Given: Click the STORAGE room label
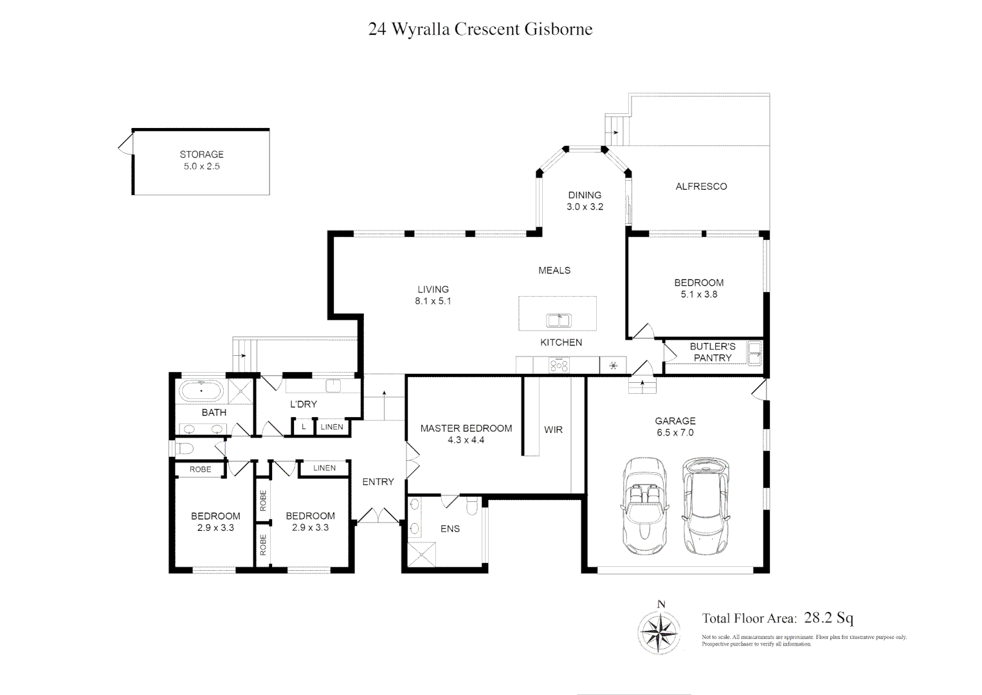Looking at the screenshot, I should [x=201, y=154].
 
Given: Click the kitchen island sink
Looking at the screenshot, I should [x=558, y=320].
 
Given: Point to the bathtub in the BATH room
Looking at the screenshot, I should [x=201, y=391].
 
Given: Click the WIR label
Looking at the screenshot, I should [x=553, y=429].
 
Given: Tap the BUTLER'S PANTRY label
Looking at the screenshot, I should [x=712, y=352].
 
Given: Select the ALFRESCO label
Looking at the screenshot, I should [x=701, y=187].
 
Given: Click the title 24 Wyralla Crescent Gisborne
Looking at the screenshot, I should [x=480, y=30].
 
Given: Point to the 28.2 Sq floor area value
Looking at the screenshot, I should [x=829, y=618].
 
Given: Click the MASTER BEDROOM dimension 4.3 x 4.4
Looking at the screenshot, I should [x=466, y=440].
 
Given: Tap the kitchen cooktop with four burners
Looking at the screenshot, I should [x=558, y=366].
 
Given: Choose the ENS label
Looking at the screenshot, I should [x=450, y=528].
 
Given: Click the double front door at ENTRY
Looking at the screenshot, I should [x=378, y=515].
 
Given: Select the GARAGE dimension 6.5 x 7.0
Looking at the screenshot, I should [x=675, y=432].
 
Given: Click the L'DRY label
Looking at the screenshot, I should [x=303, y=404].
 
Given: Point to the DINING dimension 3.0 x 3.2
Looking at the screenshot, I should [x=585, y=207].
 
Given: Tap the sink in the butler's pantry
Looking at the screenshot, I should [x=754, y=352].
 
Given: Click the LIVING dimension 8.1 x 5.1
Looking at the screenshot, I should [x=433, y=301].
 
